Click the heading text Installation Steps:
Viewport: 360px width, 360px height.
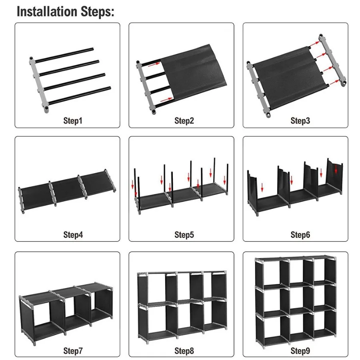click(66, 11)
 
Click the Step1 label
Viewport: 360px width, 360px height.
click(73, 120)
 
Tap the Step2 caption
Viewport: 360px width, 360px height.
click(184, 120)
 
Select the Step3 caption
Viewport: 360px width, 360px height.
click(300, 120)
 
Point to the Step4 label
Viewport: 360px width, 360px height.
click(73, 235)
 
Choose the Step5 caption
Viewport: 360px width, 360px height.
click(184, 235)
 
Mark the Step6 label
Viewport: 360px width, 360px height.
click(300, 235)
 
